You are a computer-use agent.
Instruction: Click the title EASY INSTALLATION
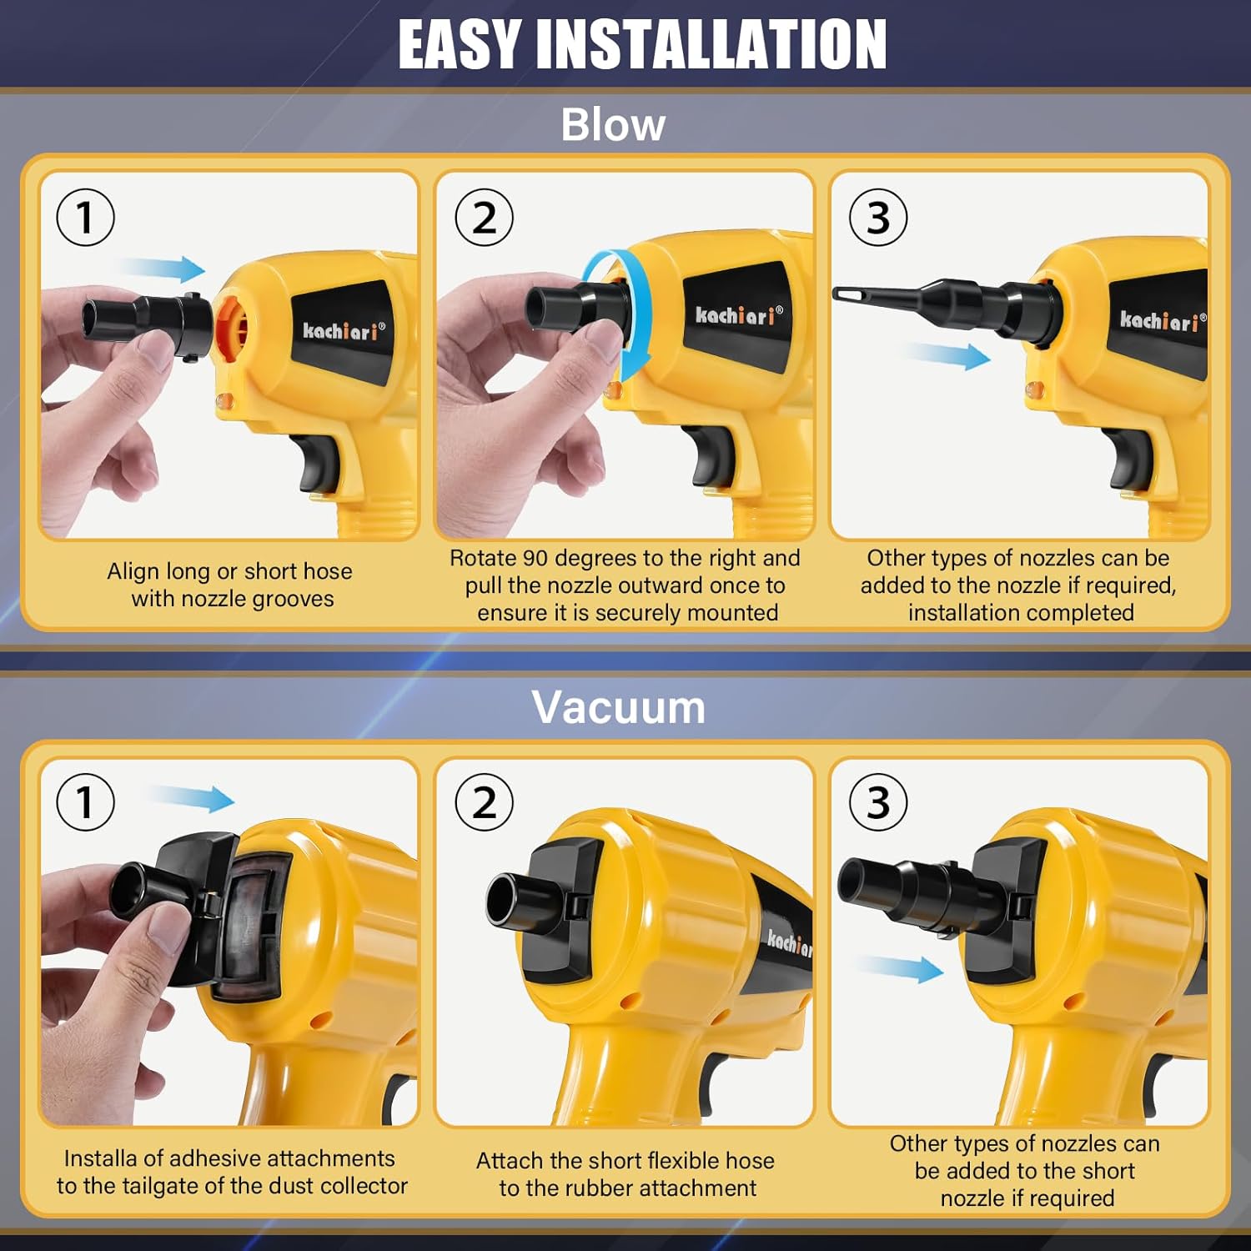(x=641, y=44)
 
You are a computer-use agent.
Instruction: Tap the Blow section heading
(x=613, y=125)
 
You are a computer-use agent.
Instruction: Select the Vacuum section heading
(x=618, y=707)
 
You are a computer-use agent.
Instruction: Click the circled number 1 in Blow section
(x=85, y=218)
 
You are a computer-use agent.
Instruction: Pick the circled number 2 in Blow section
(x=485, y=218)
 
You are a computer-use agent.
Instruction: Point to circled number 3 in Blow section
(x=878, y=218)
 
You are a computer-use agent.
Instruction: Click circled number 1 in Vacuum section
(x=85, y=802)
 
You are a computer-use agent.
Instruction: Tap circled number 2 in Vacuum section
(x=485, y=802)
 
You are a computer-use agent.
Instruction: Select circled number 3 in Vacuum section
(x=878, y=802)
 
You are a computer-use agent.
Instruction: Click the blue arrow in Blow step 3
(x=951, y=356)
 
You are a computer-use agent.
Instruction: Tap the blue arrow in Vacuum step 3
(x=901, y=968)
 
